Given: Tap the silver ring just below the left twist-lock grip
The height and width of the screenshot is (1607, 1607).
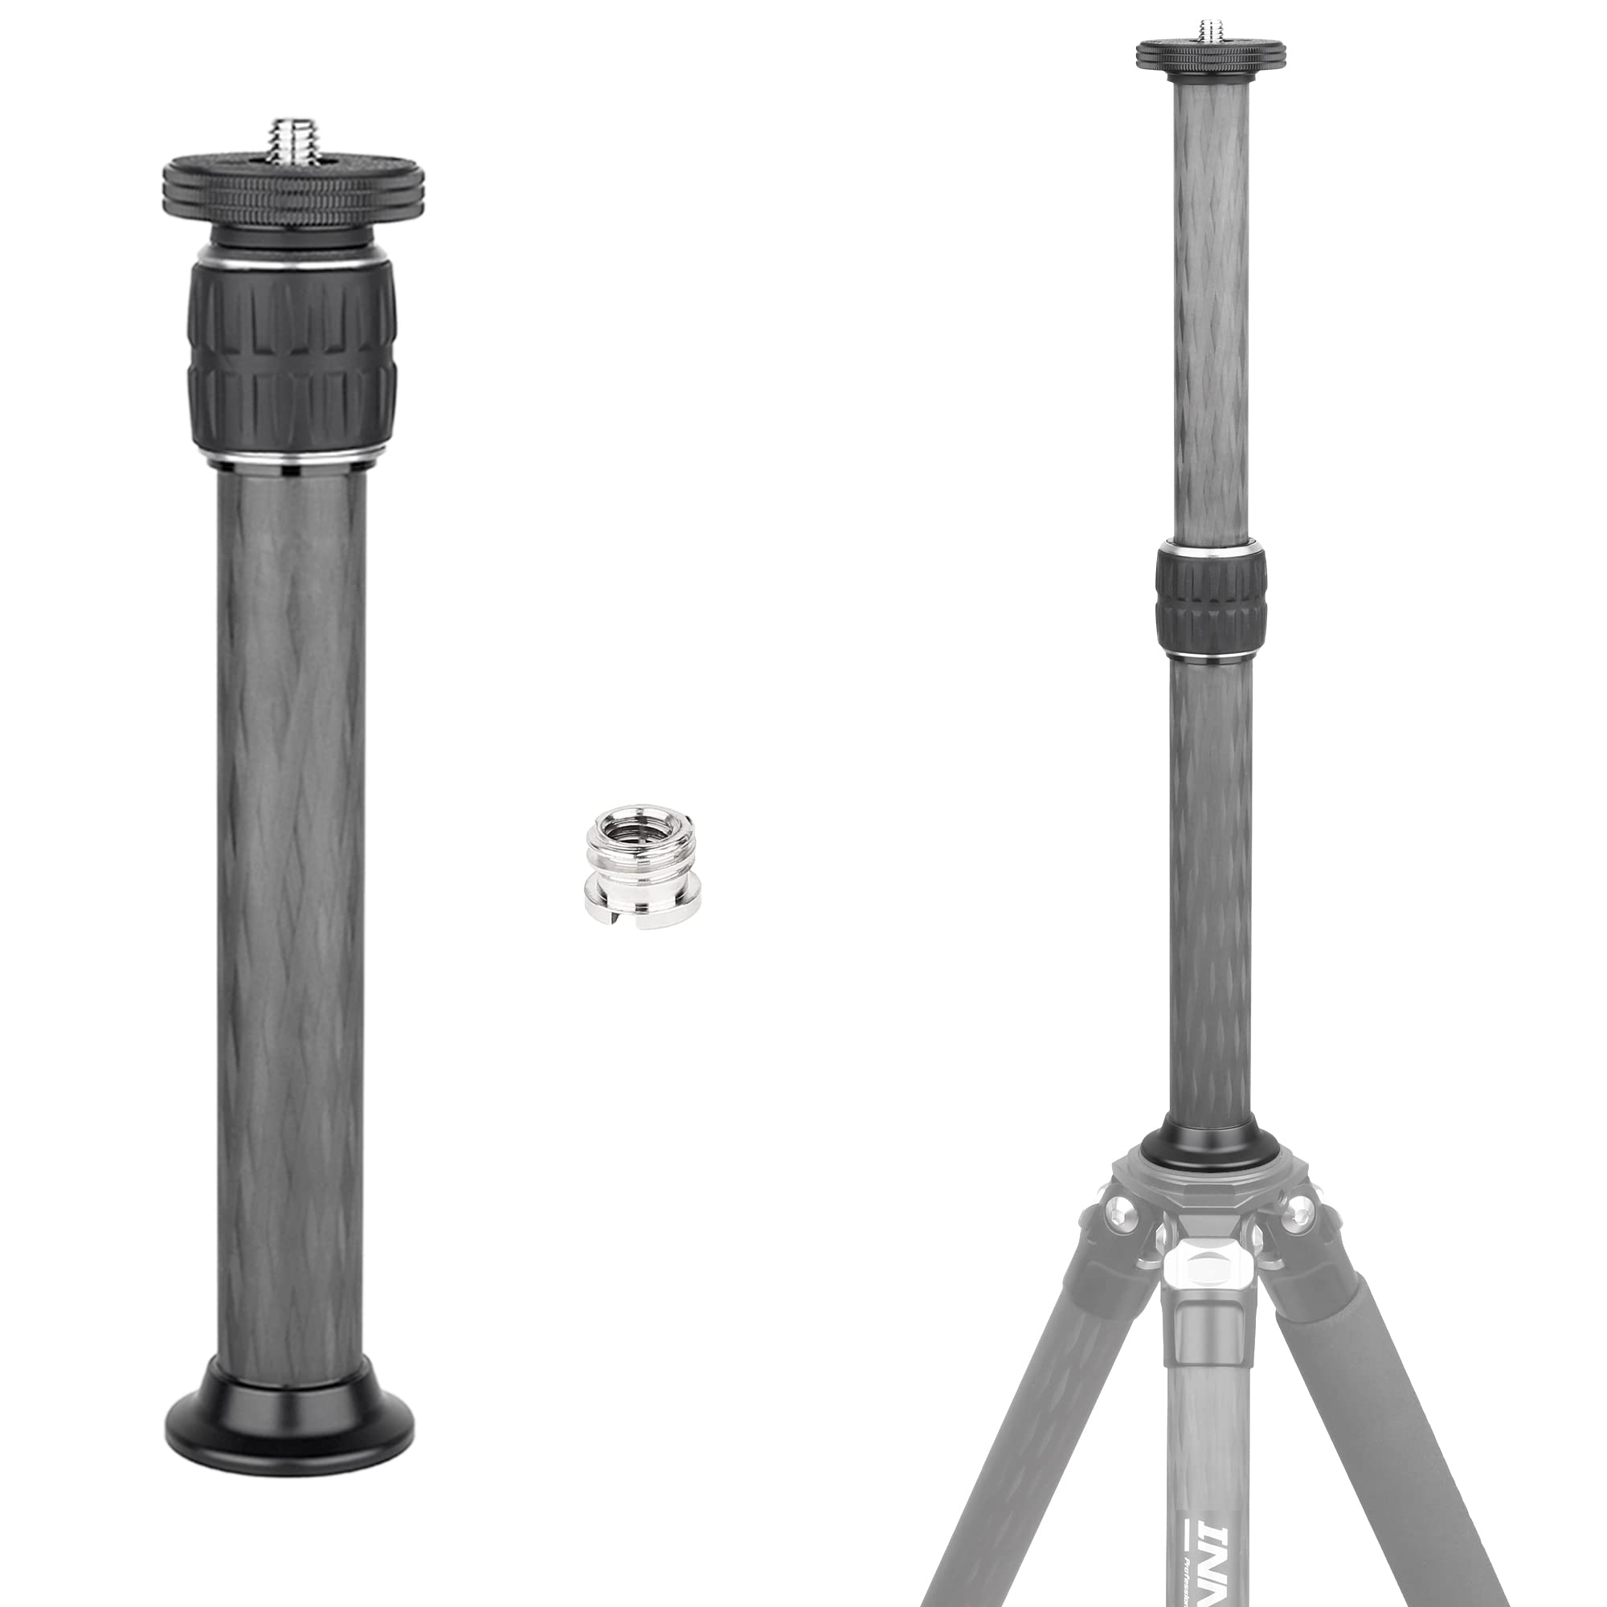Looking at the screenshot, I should (x=290, y=463).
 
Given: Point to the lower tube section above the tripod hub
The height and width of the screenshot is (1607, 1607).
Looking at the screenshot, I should (x=1208, y=898).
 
